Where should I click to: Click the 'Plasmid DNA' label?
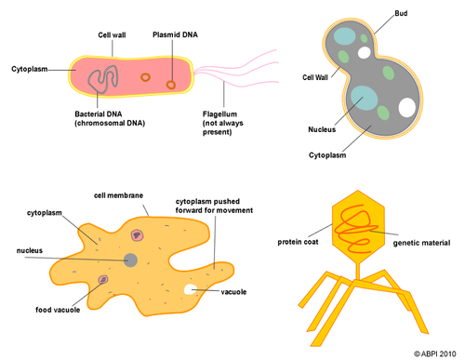[x=174, y=34]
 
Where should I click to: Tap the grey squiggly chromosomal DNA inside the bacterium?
[x=101, y=76]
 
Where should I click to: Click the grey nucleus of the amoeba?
[x=131, y=260]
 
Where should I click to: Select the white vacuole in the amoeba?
[x=192, y=291]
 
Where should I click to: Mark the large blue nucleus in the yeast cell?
[x=362, y=99]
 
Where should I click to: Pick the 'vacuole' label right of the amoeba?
[x=234, y=292]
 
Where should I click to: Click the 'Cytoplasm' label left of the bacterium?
[x=29, y=68]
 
